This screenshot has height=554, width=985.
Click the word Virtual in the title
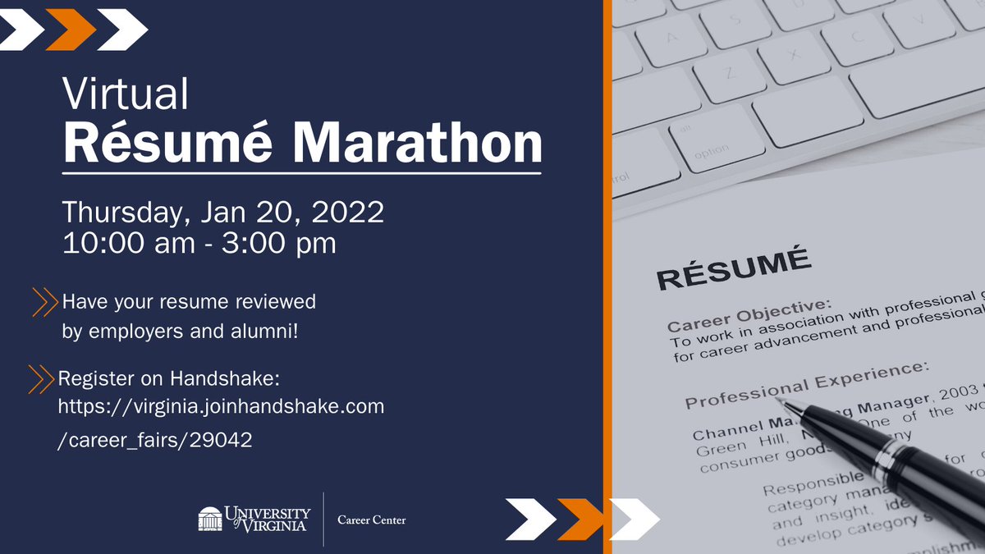pos(126,95)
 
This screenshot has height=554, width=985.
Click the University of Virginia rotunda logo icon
pos(210,519)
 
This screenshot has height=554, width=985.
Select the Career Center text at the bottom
pos(372,520)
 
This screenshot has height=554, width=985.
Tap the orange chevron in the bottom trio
pos(580,519)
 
